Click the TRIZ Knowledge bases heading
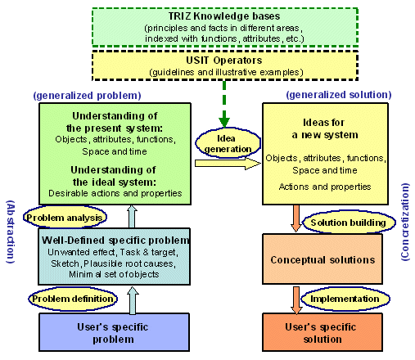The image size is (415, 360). (224, 16)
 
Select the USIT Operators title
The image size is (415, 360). (224, 61)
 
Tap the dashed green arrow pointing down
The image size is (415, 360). (224, 104)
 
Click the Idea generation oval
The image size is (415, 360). (228, 143)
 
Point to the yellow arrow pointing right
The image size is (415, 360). (228, 164)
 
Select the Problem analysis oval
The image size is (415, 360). (65, 218)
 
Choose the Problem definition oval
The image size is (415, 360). (73, 299)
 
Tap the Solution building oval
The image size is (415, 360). (349, 223)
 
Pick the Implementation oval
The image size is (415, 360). (345, 299)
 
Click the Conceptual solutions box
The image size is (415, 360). (323, 259)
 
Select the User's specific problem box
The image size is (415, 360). (114, 332)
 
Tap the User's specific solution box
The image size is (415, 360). (323, 332)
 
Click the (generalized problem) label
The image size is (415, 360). (87, 96)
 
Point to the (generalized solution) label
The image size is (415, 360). (339, 95)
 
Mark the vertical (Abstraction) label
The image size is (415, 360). (11, 232)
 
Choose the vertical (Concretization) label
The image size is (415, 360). (405, 222)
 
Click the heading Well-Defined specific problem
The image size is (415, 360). (115, 241)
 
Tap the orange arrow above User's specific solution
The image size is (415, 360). (296, 300)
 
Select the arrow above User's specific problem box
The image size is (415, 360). (133, 300)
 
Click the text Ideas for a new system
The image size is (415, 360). (324, 128)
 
